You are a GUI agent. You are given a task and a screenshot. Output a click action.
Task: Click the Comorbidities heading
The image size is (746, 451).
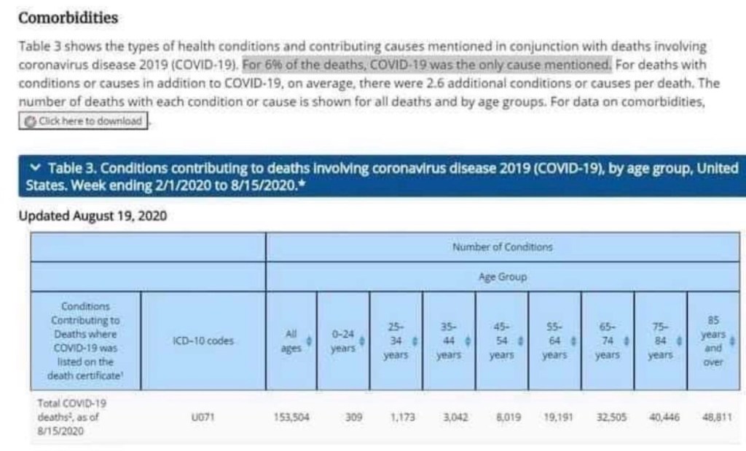[x=68, y=17]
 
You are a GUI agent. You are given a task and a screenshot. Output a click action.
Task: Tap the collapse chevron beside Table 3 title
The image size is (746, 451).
[x=36, y=168]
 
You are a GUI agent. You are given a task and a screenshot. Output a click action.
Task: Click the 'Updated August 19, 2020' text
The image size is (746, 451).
[x=93, y=216]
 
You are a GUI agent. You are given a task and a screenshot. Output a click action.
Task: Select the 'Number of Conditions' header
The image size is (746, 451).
[x=502, y=247]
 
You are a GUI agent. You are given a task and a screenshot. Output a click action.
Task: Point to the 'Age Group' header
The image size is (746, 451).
[x=502, y=277]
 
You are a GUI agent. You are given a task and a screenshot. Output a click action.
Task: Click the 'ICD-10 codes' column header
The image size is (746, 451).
[x=203, y=340]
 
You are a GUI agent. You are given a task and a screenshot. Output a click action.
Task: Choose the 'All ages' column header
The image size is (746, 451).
[x=291, y=341]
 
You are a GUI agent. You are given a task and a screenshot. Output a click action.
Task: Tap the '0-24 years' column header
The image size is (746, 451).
[x=343, y=341]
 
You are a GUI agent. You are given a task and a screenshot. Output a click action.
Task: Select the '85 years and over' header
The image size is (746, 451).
[x=713, y=341]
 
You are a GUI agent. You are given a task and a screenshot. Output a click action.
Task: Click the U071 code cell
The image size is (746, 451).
[x=203, y=418]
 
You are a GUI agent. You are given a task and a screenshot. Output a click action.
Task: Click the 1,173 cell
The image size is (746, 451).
[x=402, y=418]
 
